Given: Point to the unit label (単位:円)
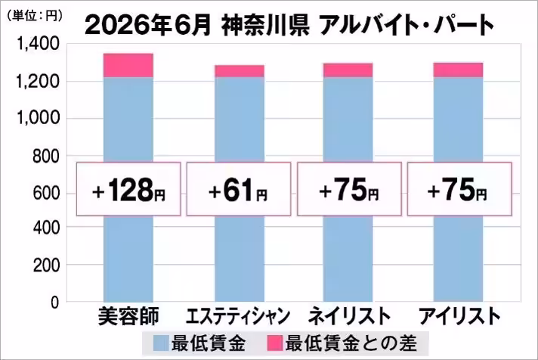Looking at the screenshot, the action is (x=34, y=16).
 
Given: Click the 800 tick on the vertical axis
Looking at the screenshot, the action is (x=47, y=157).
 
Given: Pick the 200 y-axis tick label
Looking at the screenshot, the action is (x=47, y=265).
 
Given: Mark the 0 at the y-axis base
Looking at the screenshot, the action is (x=55, y=303).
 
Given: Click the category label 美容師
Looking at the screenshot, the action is (x=128, y=316).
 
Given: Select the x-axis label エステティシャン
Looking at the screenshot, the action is (x=238, y=316).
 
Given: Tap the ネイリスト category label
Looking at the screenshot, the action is (x=349, y=316).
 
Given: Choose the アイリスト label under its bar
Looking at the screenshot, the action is (x=459, y=316).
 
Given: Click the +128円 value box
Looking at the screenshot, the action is (x=128, y=189).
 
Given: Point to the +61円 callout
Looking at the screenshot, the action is (x=239, y=189).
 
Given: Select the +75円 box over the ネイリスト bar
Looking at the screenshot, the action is (x=349, y=189).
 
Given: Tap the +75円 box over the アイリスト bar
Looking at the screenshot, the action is (x=459, y=189).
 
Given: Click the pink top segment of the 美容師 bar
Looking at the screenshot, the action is (x=128, y=65).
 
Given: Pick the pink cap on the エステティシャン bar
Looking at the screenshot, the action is (x=240, y=71).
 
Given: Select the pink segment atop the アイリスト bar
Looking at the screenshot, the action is (x=459, y=70).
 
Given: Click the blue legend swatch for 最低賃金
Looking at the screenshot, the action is (x=161, y=343).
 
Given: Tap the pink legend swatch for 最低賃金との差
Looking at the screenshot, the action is (x=275, y=343).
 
